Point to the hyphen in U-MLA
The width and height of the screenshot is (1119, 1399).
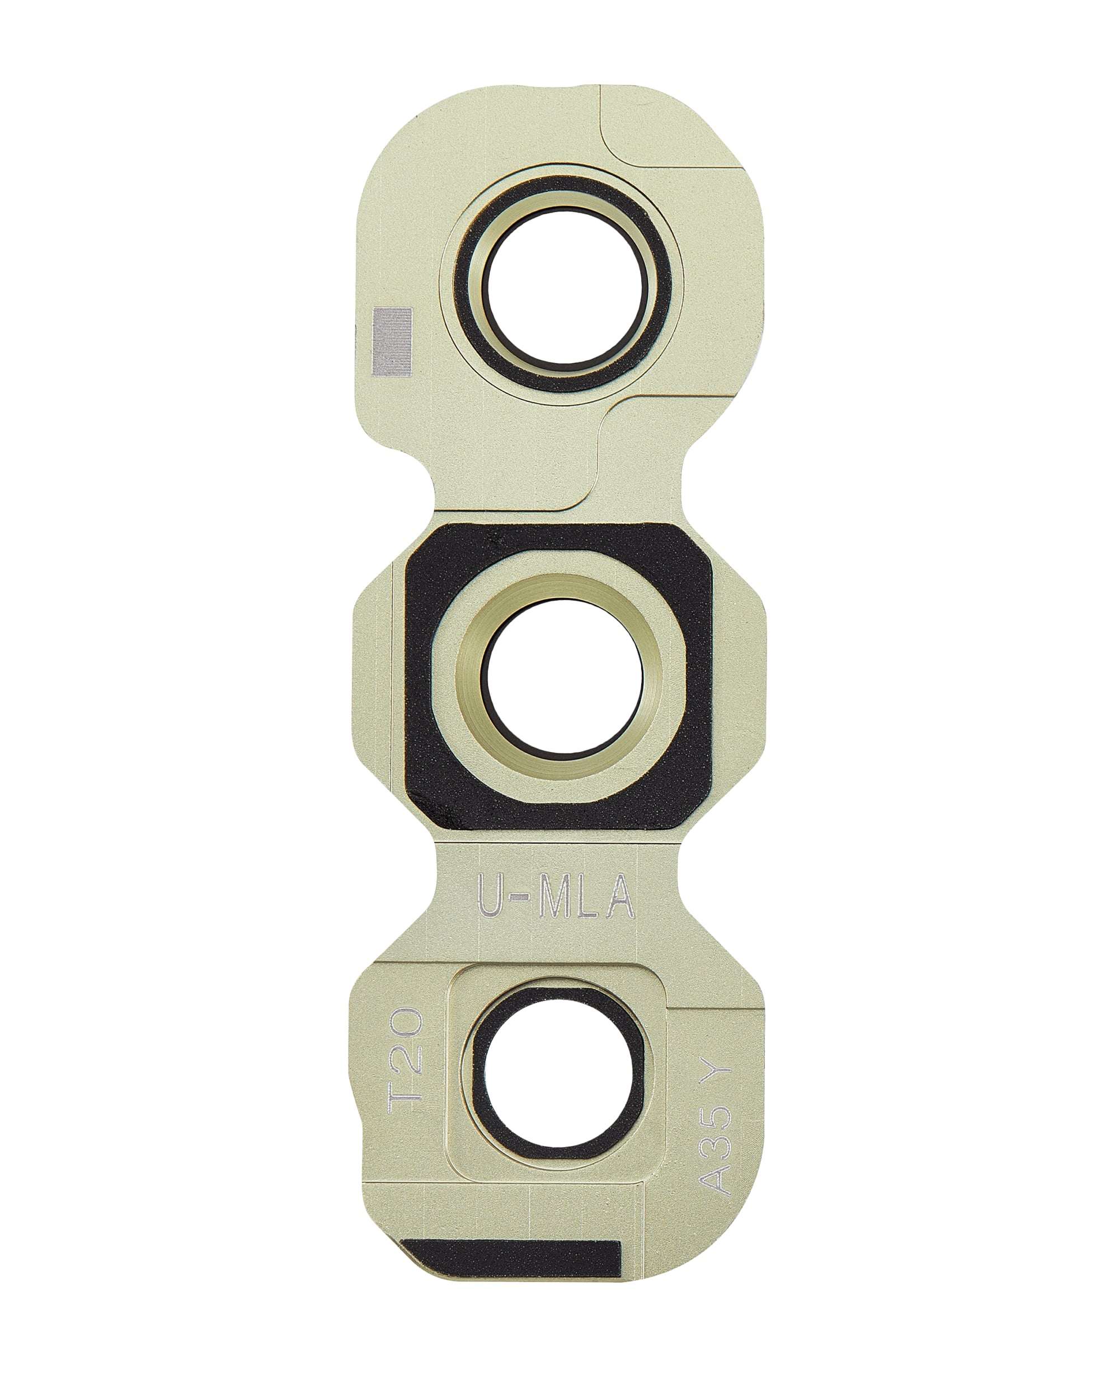click(x=518, y=898)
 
